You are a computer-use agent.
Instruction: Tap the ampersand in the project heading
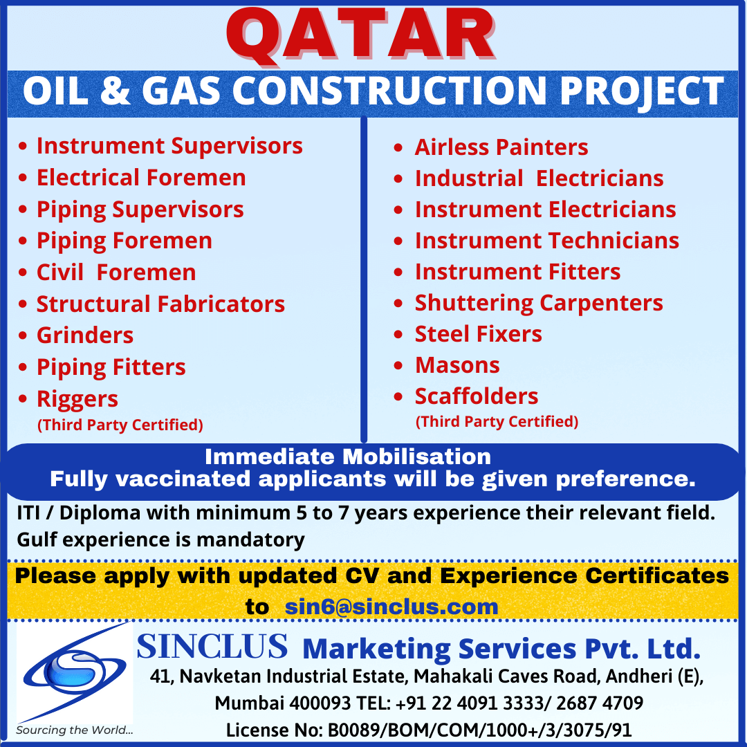[x=116, y=91]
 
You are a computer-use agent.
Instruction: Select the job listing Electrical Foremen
[x=142, y=178]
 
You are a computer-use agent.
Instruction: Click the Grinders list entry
[x=85, y=335]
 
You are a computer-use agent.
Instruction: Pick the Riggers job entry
[x=77, y=399]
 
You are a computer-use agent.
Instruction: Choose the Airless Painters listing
[x=501, y=147]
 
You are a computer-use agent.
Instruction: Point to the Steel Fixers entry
[x=479, y=334]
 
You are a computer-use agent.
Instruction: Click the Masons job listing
[x=457, y=365]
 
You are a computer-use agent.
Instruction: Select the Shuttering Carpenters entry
[x=539, y=304]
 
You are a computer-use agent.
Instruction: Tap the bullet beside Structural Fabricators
[x=23, y=304]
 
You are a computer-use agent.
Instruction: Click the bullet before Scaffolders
[x=398, y=396]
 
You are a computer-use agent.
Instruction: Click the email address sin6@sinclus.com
[x=391, y=607]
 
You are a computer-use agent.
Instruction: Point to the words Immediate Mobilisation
[x=348, y=457]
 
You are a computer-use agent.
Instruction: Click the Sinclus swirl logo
[x=75, y=672]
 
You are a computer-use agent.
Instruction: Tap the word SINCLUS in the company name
[x=212, y=647]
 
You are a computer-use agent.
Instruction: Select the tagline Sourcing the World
[x=74, y=730]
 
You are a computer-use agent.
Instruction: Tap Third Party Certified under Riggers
[x=120, y=425]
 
